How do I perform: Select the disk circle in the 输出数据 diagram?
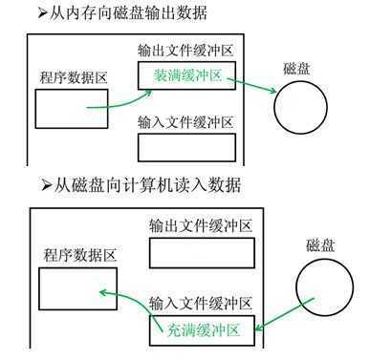pos(301,108)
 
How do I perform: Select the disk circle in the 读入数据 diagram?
pos(324,286)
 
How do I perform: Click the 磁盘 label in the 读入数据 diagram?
pos(323,244)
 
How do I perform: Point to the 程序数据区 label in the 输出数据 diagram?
pos(72,75)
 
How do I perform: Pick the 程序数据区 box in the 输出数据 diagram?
pos(72,108)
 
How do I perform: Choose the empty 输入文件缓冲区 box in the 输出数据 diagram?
pos(186,147)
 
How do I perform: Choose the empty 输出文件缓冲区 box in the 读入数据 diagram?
pos(202,253)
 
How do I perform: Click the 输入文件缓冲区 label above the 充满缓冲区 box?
pos(201,305)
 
